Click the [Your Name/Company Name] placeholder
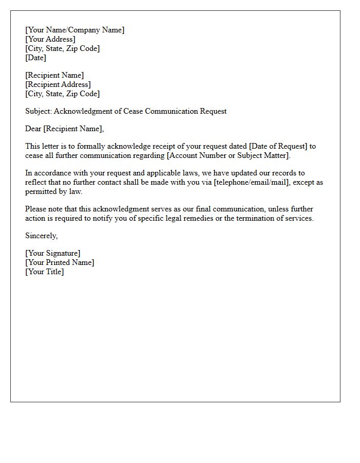point(75,30)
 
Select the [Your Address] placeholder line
point(50,39)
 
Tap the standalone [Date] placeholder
point(35,58)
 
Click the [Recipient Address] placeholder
point(58,84)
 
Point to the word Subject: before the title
point(38,111)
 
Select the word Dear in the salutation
point(33,129)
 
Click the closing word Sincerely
point(41,236)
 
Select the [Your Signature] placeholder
point(52,253)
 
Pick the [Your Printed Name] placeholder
point(60,262)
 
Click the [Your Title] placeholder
point(44,272)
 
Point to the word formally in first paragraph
point(91,146)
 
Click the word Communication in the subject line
point(174,111)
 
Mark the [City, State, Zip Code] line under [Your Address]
point(62,48)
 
